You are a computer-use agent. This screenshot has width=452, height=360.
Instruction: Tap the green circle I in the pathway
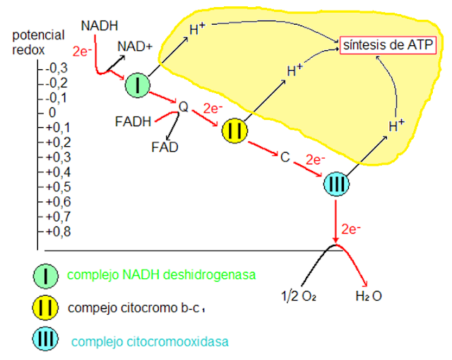[x=137, y=85]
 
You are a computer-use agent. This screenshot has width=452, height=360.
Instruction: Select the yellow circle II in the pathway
[x=234, y=131]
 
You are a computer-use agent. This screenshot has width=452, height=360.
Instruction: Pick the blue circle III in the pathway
[x=336, y=185]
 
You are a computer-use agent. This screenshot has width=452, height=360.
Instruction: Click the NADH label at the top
[x=100, y=25]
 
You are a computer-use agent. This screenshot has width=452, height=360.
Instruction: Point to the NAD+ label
[x=135, y=47]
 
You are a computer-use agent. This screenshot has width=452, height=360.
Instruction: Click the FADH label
[x=133, y=121]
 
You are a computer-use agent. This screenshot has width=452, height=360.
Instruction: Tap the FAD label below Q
[x=165, y=148]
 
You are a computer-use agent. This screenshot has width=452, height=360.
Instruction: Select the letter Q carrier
[x=183, y=107]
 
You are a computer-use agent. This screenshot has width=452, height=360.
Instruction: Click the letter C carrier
[x=285, y=157]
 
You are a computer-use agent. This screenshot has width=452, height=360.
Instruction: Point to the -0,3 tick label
[x=54, y=68]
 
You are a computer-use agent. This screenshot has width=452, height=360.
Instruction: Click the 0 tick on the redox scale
[x=52, y=113]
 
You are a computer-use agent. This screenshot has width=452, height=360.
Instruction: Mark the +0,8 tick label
[x=54, y=232]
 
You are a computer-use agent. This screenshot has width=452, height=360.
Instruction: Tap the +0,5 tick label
[x=54, y=187]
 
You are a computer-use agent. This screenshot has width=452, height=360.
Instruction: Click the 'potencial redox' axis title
[x=39, y=42]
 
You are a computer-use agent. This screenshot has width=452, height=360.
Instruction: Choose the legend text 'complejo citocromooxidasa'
[x=150, y=342]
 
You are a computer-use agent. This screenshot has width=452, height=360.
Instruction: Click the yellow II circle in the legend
[x=45, y=307]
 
